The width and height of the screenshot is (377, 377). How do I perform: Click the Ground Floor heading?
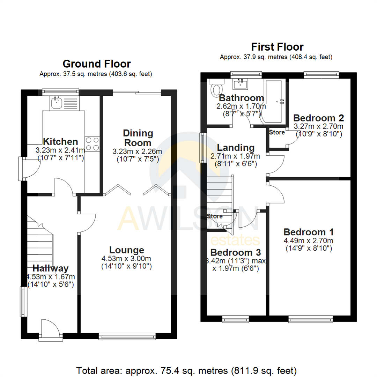pos(96,64)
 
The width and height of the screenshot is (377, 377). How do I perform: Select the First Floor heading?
pos(277,47)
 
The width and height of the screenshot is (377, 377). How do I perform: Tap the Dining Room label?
pos(138,138)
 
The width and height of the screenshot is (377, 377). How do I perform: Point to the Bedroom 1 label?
pos(309,232)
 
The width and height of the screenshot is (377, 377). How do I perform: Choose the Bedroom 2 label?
pos(319,117)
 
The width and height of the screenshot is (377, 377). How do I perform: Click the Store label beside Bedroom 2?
pos(277,132)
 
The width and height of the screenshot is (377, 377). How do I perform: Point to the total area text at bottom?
pos(187,370)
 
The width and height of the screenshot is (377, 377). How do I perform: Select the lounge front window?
pos(127,336)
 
